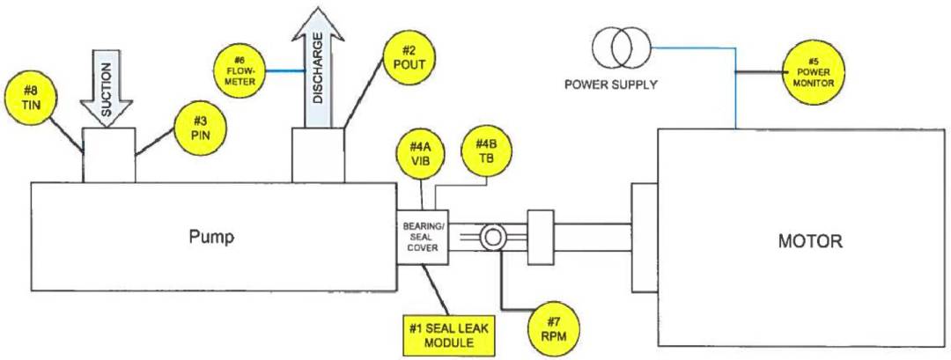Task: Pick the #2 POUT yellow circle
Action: click(408, 57)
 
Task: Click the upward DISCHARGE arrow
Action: click(318, 75)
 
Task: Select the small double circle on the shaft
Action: click(490, 237)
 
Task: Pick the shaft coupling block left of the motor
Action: click(539, 237)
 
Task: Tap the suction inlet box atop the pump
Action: click(108, 155)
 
